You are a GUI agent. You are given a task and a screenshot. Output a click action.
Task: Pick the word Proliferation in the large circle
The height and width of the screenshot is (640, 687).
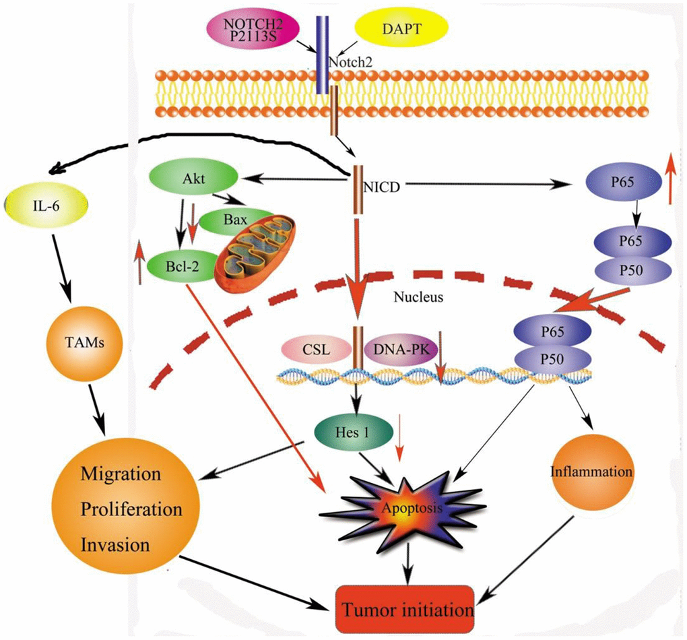[x=131, y=509]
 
